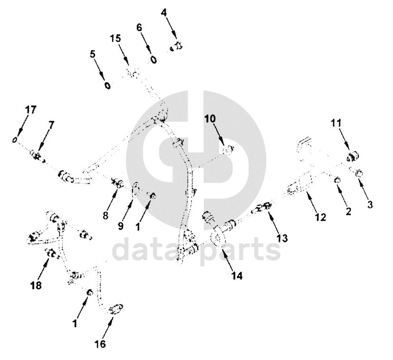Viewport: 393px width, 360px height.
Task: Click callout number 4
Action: (163, 12)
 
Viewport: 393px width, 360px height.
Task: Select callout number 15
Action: (115, 39)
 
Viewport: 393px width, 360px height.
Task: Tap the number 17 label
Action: (30, 110)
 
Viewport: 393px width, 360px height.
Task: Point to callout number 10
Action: (210, 119)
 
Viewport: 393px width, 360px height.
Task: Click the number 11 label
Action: (336, 123)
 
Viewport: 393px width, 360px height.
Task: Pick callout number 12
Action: (321, 217)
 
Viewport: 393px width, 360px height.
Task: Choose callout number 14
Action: (237, 276)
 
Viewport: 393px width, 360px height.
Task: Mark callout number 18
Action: (36, 285)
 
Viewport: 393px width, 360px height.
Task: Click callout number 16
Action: (100, 344)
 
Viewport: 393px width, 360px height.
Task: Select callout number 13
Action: (282, 238)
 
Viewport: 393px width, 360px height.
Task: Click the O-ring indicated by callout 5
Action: (107, 86)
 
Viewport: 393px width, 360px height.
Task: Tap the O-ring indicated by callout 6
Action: (153, 60)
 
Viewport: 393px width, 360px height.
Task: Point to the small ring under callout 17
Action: (15, 140)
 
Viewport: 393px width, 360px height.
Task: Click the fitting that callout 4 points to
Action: (176, 46)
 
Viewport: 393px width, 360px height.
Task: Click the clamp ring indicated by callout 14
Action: (218, 236)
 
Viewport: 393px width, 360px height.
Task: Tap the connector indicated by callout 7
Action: (38, 156)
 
